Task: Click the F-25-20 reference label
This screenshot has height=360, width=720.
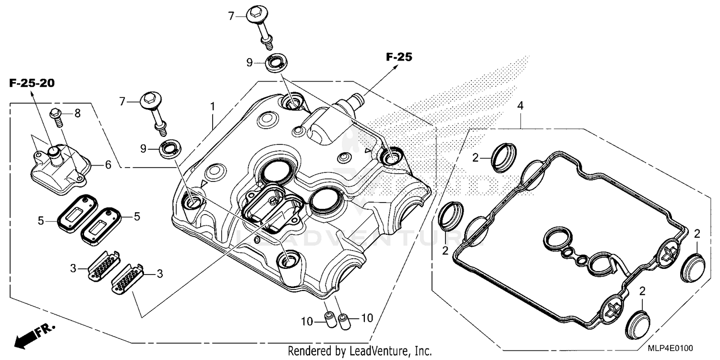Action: (32, 83)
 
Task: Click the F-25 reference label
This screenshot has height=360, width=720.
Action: (399, 57)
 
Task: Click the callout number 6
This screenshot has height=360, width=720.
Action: (108, 165)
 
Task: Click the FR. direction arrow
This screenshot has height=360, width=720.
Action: (34, 335)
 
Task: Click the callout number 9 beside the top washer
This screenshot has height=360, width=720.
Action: (249, 62)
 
